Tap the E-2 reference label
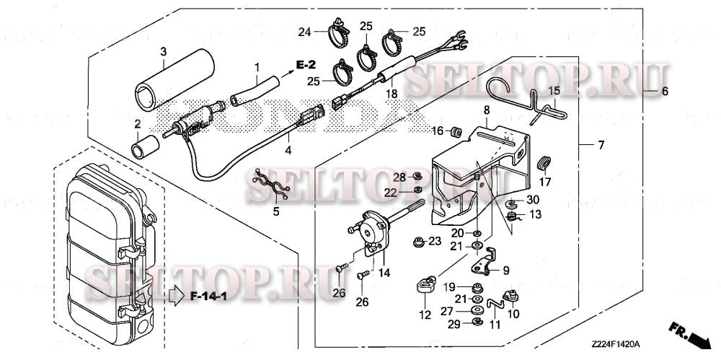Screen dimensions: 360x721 pos(306,66)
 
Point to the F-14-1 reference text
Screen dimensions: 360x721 pos(210,296)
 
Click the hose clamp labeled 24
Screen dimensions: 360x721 pos(337,32)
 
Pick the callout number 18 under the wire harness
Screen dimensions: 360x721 pos(392,93)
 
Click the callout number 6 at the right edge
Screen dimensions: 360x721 pos(664,92)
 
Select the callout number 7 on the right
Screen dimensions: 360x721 pos(601,146)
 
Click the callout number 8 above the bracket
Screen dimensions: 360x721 pos(486,109)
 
